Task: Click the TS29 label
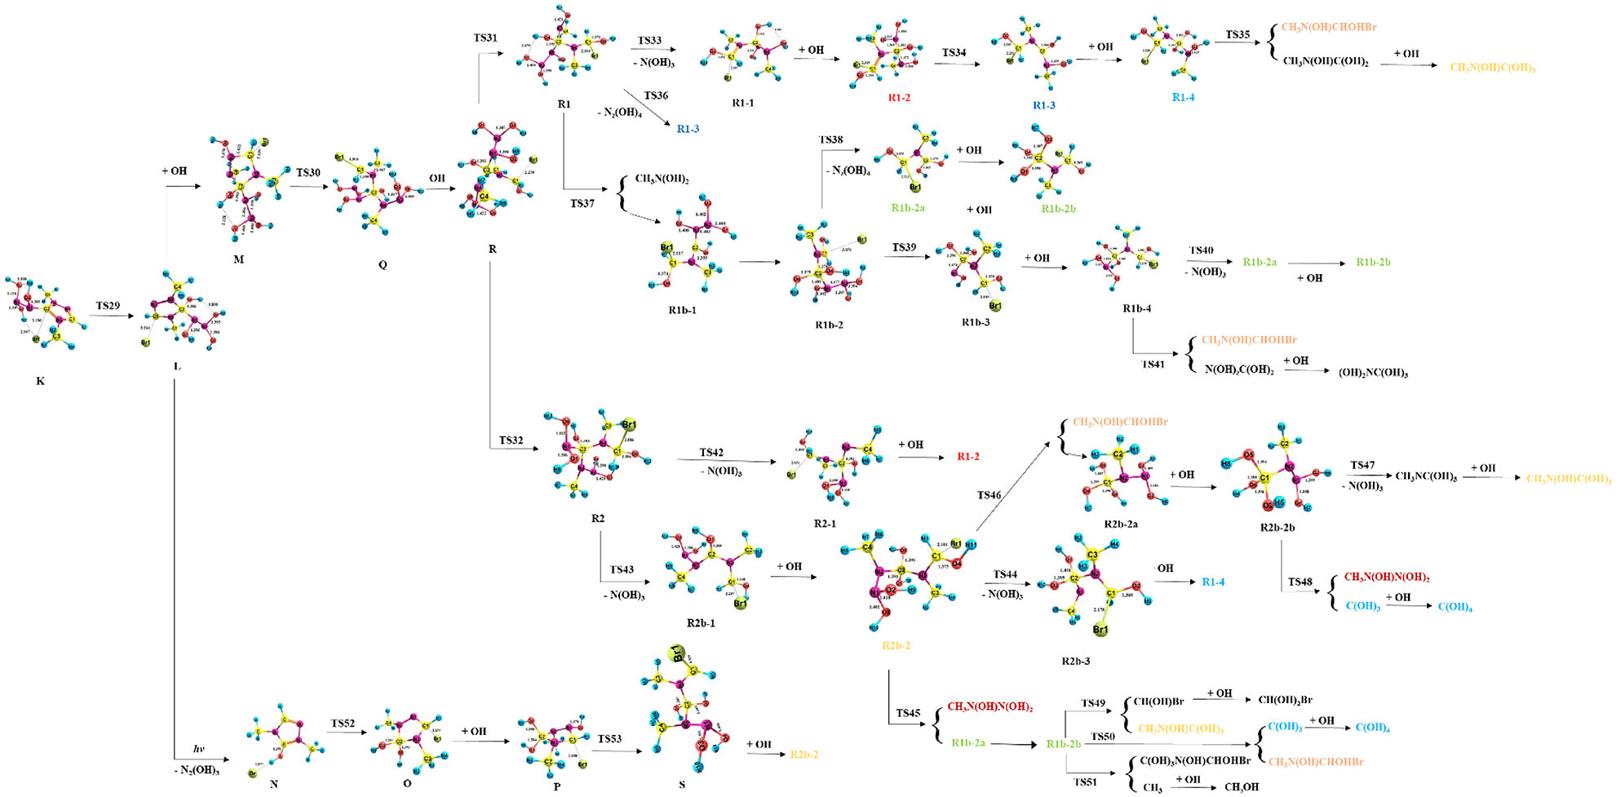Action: tap(108, 306)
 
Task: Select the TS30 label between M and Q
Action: tap(308, 173)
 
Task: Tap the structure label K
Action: tap(41, 381)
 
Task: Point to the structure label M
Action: tap(238, 259)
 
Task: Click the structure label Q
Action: tap(383, 264)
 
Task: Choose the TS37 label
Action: tap(582, 203)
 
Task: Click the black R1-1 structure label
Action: tap(743, 104)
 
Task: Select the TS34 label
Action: tap(954, 53)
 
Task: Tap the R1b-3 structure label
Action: tap(976, 322)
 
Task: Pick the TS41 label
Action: tap(1153, 364)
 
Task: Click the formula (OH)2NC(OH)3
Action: tap(1373, 373)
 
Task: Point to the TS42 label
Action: tap(711, 453)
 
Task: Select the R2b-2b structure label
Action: tap(1277, 528)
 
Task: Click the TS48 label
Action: tap(1300, 582)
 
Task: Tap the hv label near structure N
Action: tap(198, 749)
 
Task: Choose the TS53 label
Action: tap(609, 739)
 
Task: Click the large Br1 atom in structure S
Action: tap(677, 653)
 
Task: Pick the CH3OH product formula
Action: tap(1242, 787)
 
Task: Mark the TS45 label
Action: tap(908, 713)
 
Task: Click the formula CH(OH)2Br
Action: tap(1285, 700)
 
